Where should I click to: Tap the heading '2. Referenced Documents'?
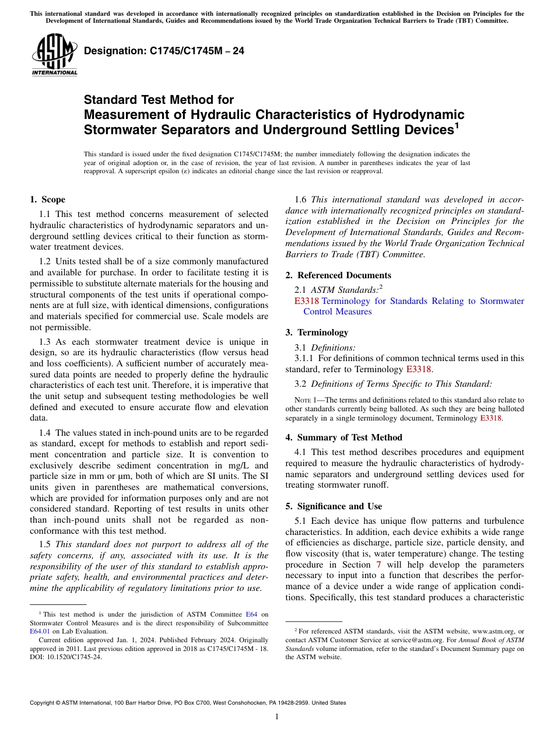click(338, 275)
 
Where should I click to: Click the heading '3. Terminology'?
click(317, 332)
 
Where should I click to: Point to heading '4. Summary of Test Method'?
click(343, 437)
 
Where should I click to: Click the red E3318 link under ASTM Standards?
click(307, 301)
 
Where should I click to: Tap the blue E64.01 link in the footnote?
click(40, 631)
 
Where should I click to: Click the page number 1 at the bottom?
click(277, 716)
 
